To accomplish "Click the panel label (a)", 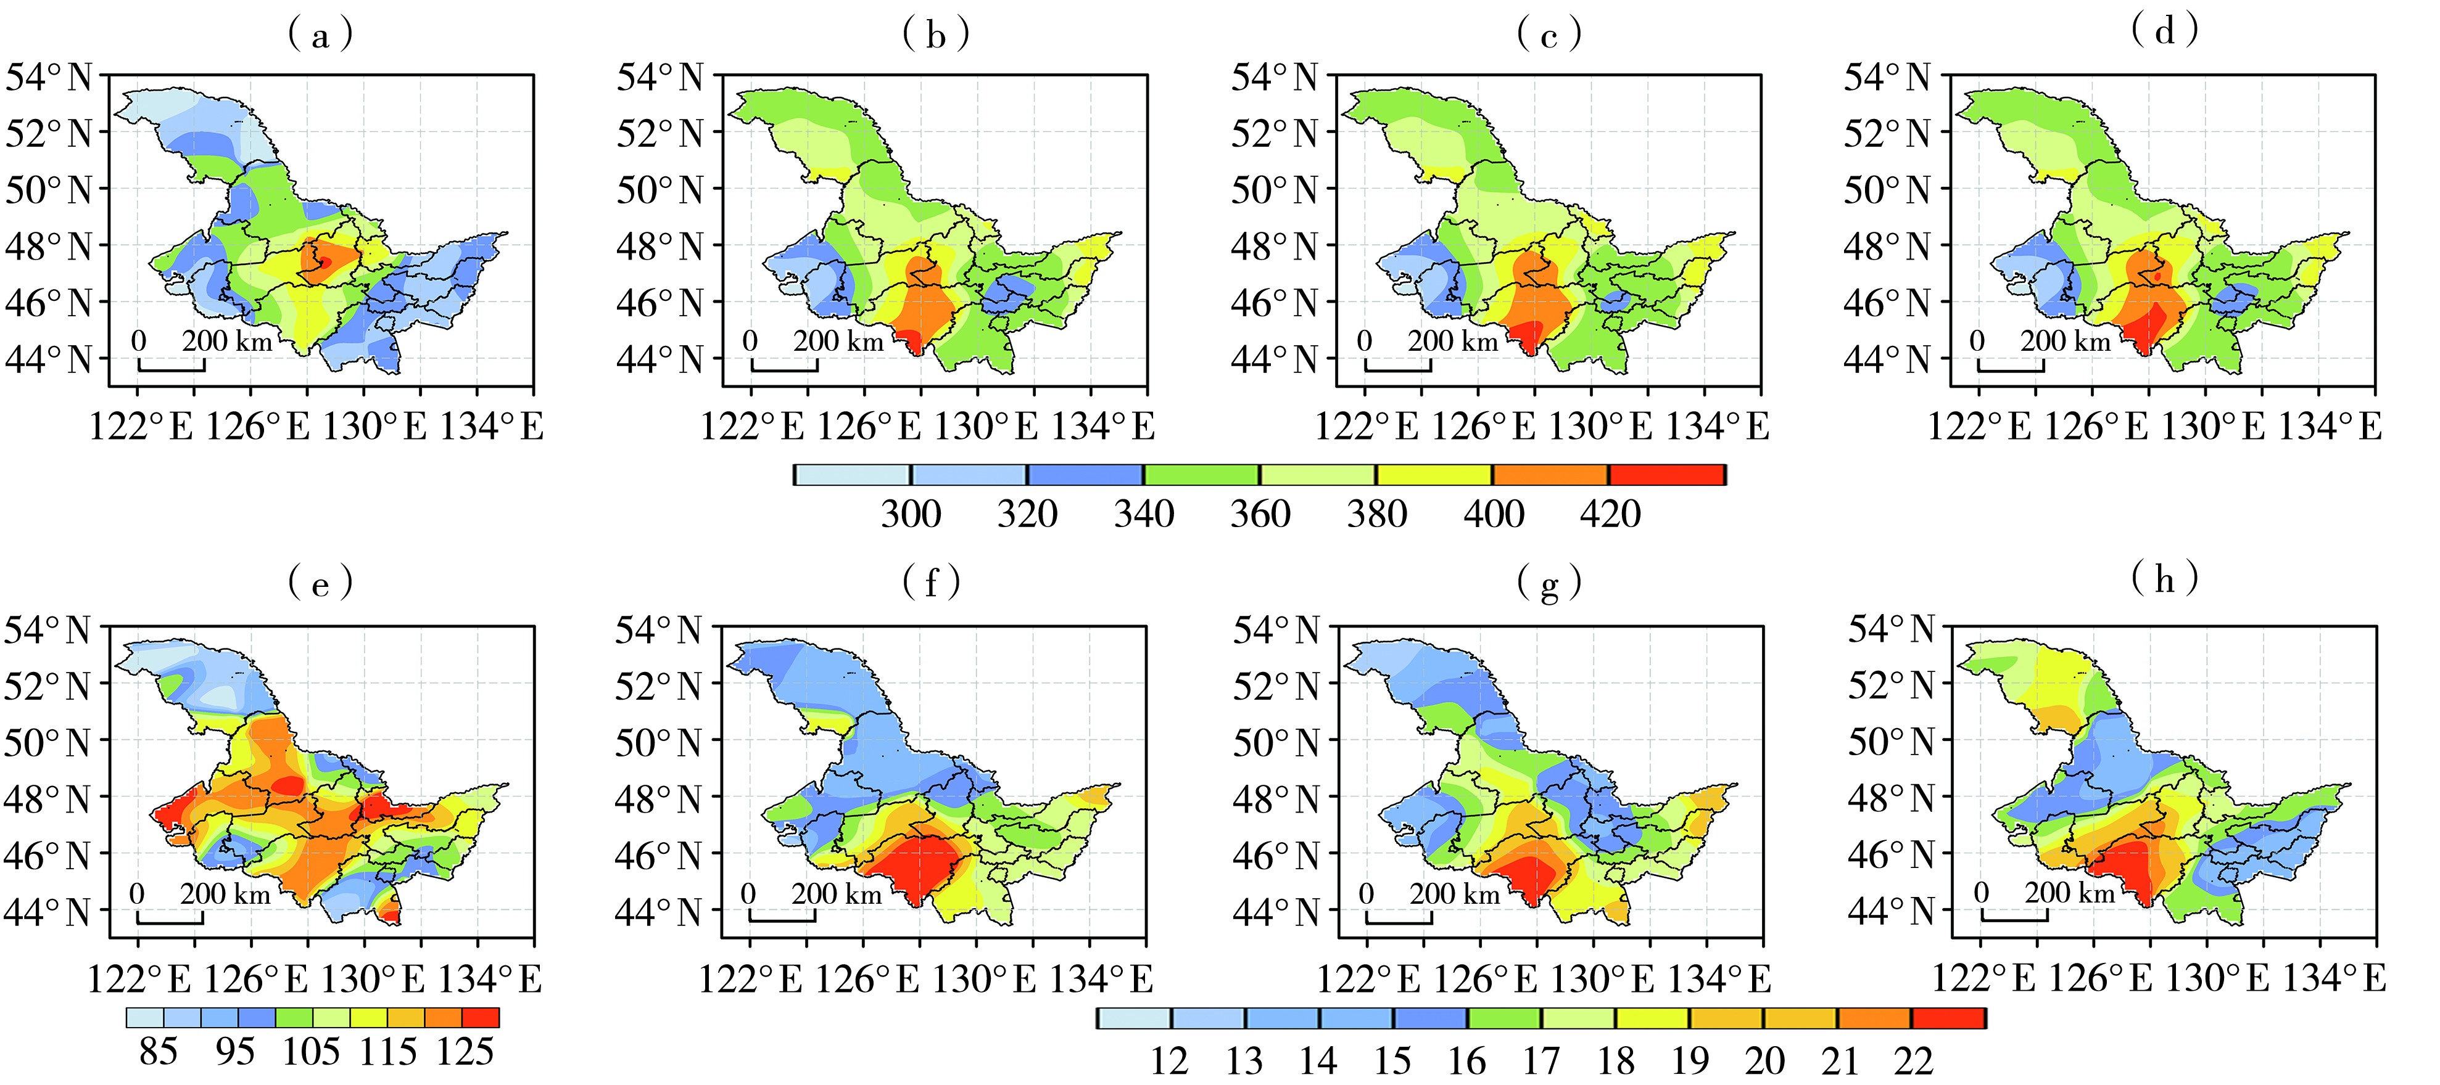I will pyautogui.click(x=320, y=35).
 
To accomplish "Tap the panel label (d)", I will pyautogui.click(x=2164, y=31).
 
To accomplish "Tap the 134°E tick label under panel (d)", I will pyautogui.click(x=2329, y=427).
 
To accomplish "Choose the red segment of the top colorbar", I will pyautogui.click(x=1666, y=474).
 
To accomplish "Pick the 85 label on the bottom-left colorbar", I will pyautogui.click(x=158, y=1052).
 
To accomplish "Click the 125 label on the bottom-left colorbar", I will pyautogui.click(x=465, y=1052).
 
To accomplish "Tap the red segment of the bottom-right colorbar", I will pyautogui.click(x=1948, y=1018).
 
